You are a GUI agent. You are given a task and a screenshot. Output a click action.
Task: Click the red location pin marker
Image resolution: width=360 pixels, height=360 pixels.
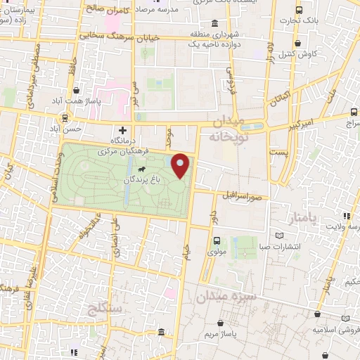[x=181, y=165]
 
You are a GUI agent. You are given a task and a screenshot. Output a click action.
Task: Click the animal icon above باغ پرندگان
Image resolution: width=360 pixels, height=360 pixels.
[x=143, y=169]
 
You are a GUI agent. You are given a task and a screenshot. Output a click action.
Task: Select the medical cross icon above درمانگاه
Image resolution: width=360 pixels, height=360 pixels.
[x=123, y=130]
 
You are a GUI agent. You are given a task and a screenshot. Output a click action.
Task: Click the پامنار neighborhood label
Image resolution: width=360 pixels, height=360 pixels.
[x=304, y=219]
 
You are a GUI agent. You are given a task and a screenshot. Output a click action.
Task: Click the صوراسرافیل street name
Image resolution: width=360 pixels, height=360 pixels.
[x=245, y=193]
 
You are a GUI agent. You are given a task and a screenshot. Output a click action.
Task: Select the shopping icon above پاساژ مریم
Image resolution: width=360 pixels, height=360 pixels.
[x=223, y=323]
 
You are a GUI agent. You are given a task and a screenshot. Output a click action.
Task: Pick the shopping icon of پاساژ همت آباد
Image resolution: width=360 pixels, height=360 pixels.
[x=75, y=91]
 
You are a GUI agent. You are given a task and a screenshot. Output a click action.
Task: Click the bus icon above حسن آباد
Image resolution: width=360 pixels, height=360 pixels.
[x=65, y=118]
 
